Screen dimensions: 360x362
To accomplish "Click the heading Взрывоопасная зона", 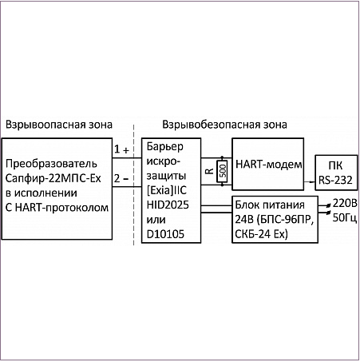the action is click(x=59, y=125).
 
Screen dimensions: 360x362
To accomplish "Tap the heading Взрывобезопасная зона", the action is click(x=224, y=125).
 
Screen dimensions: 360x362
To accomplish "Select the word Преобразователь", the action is click(x=51, y=164).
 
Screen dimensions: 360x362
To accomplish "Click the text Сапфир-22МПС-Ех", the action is click(x=53, y=178).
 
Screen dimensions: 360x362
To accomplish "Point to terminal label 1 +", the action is click(x=121, y=149).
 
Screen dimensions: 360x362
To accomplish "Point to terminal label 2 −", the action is click(x=121, y=178).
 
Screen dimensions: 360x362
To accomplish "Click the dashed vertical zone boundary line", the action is click(x=133, y=185).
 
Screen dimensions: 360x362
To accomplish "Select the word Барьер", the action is click(x=165, y=147).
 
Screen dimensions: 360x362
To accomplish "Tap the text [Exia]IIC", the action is click(x=167, y=190).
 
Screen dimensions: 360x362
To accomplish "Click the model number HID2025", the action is click(x=168, y=205).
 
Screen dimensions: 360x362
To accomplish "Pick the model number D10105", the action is click(x=165, y=234).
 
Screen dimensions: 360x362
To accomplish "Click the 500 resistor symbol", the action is click(x=222, y=171).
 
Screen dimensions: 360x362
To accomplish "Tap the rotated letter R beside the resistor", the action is click(x=210, y=171).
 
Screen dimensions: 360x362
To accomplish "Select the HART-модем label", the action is click(x=269, y=165).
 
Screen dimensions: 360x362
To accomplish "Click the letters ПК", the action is click(x=335, y=165).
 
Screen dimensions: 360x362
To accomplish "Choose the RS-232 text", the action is click(x=335, y=181).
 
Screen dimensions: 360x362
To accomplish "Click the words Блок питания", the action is click(x=270, y=205).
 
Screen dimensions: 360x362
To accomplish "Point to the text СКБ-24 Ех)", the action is click(x=262, y=234).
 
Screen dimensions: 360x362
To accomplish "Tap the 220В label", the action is click(x=345, y=204).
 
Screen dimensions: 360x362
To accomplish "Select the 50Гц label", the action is click(x=345, y=218).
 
